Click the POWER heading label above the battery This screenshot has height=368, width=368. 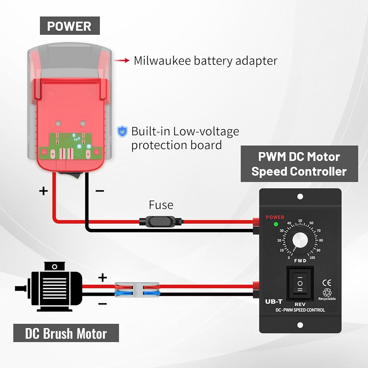point(70,26)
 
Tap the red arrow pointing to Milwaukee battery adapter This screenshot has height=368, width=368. point(121,61)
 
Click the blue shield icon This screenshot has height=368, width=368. point(122,131)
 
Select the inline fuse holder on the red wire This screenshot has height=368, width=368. point(161,222)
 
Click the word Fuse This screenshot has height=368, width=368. point(161,205)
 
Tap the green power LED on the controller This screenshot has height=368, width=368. point(276,224)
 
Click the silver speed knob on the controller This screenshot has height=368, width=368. point(300,240)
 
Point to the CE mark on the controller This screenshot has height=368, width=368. point(327,283)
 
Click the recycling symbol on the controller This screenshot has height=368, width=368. point(327,292)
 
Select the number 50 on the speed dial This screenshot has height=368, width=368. point(300,220)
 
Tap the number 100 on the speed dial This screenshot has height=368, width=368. point(312,258)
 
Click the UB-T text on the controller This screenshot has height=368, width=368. point(274,301)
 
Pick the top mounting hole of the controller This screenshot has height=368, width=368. point(300,197)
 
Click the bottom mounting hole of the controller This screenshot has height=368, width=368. point(300,325)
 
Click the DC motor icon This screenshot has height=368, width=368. point(49,287)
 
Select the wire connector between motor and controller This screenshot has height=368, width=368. point(137,290)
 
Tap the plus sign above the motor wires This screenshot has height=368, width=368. point(103,277)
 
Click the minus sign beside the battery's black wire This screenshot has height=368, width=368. point(100,191)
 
